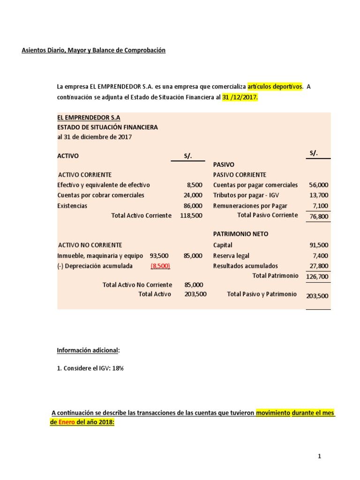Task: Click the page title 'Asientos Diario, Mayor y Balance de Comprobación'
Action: pyautogui.click(x=94, y=50)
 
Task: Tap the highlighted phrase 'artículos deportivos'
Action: pyautogui.click(x=275, y=86)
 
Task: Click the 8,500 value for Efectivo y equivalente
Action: pyautogui.click(x=195, y=185)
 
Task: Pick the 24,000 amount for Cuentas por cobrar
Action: pyautogui.click(x=193, y=195)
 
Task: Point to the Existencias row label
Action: pyautogui.click(x=72, y=206)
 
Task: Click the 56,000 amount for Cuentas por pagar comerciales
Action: pyautogui.click(x=319, y=185)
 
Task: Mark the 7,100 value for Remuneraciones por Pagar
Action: pyautogui.click(x=320, y=206)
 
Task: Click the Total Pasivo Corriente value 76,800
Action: pyautogui.click(x=319, y=217)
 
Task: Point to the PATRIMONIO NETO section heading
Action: pyautogui.click(x=241, y=234)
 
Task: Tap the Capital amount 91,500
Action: pyautogui.click(x=319, y=245)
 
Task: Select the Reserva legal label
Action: pyautogui.click(x=231, y=256)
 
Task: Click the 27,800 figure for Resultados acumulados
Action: pyautogui.click(x=319, y=266)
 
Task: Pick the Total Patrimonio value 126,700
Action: pyautogui.click(x=317, y=277)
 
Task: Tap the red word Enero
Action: pyautogui.click(x=68, y=422)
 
